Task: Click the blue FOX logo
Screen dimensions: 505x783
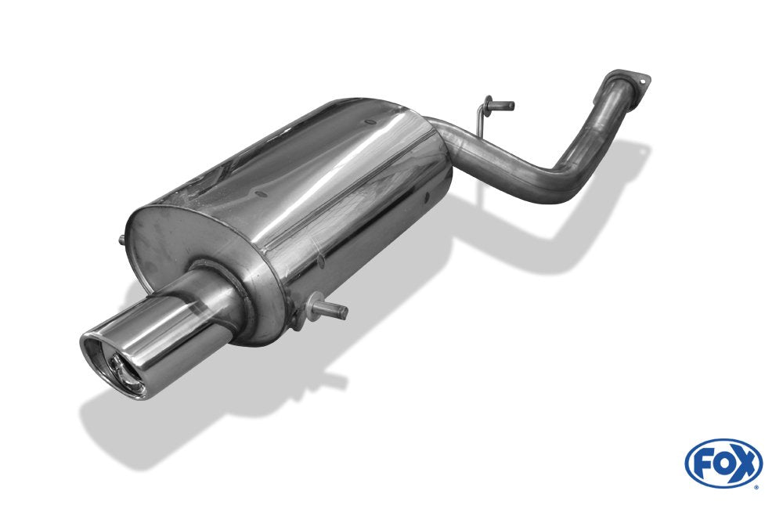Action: point(723,462)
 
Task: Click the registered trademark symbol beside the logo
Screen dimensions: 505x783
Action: point(756,486)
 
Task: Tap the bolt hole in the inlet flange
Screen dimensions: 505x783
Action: point(643,79)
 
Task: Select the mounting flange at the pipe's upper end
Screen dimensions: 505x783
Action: point(631,83)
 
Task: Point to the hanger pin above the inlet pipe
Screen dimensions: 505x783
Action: point(502,105)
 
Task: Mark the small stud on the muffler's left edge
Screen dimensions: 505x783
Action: point(121,240)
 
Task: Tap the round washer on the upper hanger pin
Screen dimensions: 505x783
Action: point(489,102)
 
